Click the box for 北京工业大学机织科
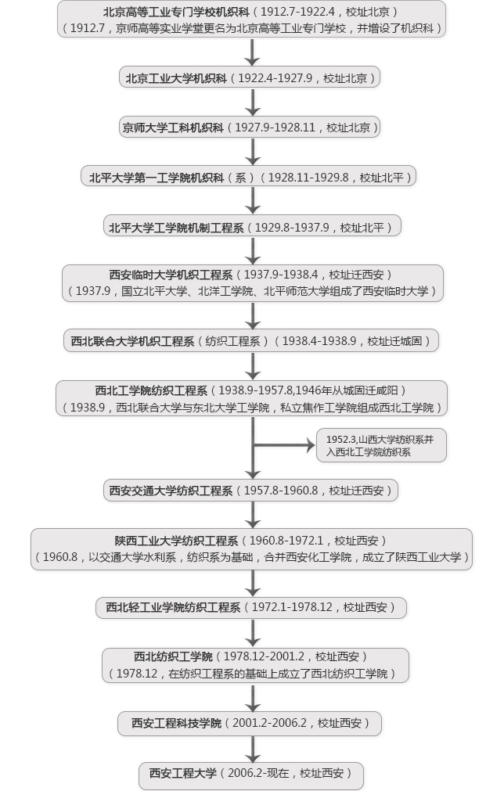[251, 78]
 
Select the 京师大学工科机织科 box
[251, 128]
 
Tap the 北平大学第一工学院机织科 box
[251, 178]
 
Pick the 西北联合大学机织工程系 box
[251, 341]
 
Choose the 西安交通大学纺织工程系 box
[251, 491]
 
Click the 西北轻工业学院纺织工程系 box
[251, 608]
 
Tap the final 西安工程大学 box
[251, 774]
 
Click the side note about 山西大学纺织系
[381, 446]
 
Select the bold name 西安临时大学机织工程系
[171, 275]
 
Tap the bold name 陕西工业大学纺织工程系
[176, 541]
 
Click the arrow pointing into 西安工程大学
[252, 749]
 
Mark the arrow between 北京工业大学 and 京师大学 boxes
[252, 102]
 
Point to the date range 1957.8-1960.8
[280, 491]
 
